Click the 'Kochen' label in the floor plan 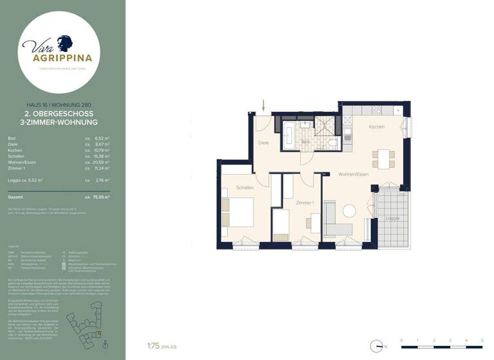coord(376,127)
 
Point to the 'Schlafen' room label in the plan coord(244,188)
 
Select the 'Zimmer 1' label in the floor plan coord(304,203)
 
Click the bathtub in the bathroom coord(288,136)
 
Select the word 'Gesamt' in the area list coord(15,197)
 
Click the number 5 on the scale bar coord(482,339)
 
